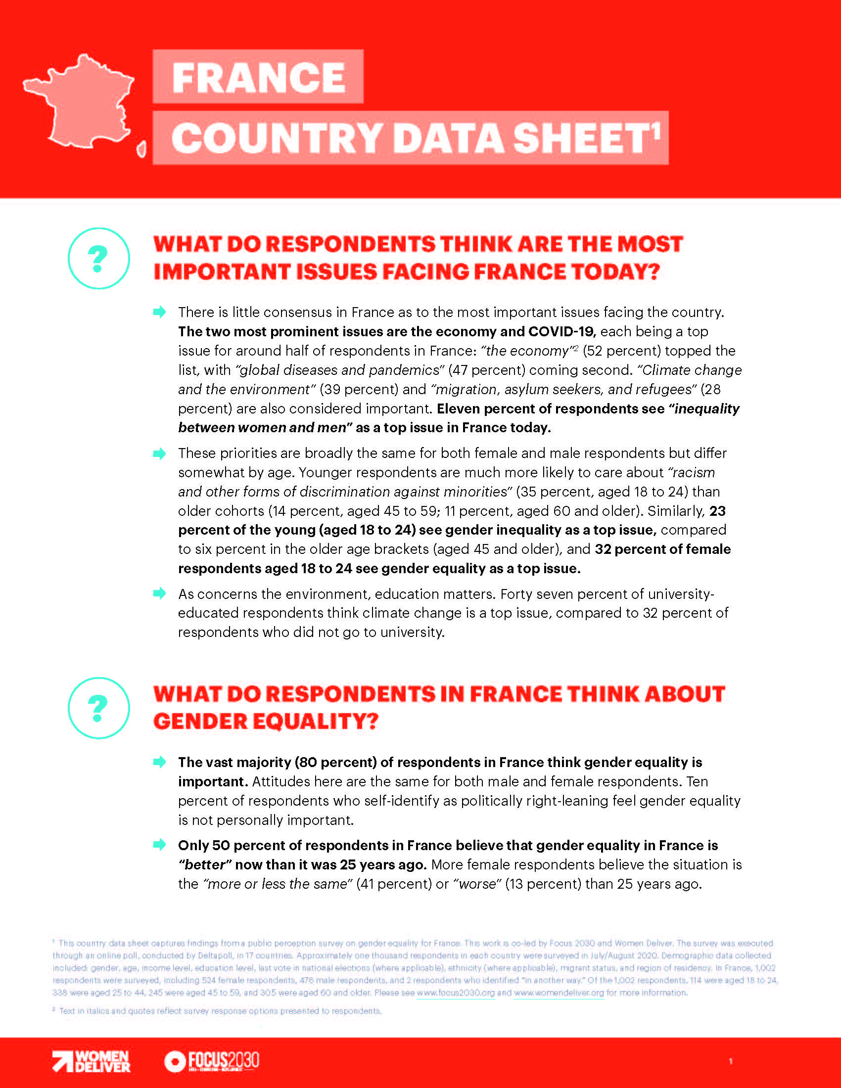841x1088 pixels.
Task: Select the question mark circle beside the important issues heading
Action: click(x=98, y=258)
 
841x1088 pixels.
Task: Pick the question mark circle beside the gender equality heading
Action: click(x=98, y=708)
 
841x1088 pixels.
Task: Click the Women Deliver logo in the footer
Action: click(x=92, y=1061)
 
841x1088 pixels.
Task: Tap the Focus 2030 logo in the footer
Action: click(x=212, y=1061)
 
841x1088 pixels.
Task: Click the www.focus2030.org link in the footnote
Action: click(x=455, y=993)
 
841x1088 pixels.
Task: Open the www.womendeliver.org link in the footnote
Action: click(x=559, y=993)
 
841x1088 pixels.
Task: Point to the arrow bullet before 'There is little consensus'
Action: click(x=159, y=313)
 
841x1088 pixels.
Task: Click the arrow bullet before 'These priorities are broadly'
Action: click(x=159, y=453)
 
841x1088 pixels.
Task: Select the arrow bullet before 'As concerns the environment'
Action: click(x=159, y=593)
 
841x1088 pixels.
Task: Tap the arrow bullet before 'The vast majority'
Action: click(x=159, y=762)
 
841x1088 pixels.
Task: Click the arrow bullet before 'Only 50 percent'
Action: click(x=159, y=844)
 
